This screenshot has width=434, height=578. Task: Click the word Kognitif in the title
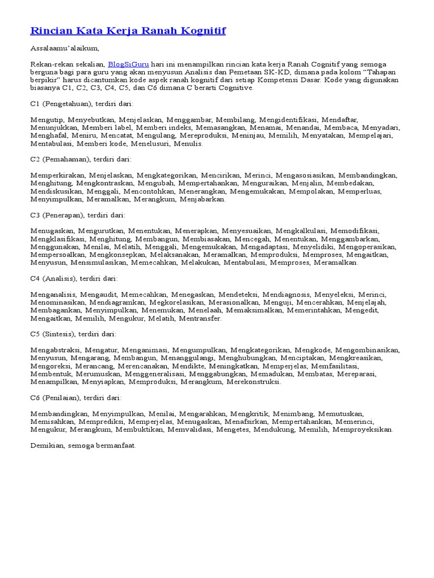[x=201, y=30]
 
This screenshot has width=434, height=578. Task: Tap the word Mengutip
[x=47, y=120]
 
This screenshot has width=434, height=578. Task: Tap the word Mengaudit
[x=99, y=294]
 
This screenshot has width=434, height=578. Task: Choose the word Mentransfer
[x=200, y=318]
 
